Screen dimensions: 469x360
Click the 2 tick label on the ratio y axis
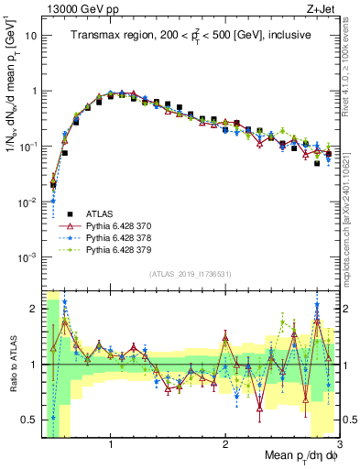tap(33, 308)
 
